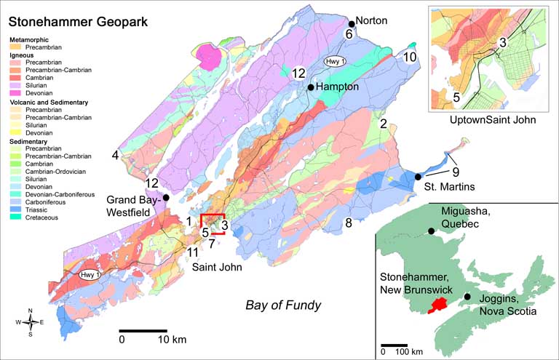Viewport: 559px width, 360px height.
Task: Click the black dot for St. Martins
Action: pos(418,177)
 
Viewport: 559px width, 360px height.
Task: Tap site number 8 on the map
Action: pos(349,223)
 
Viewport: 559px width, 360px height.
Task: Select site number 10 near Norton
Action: pos(411,57)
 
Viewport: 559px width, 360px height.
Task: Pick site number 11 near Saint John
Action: pos(191,252)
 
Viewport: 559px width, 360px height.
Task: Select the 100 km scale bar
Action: pos(395,344)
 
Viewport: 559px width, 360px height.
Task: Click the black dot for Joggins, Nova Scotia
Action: pos(467,297)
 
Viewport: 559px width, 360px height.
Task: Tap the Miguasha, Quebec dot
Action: pos(432,231)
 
